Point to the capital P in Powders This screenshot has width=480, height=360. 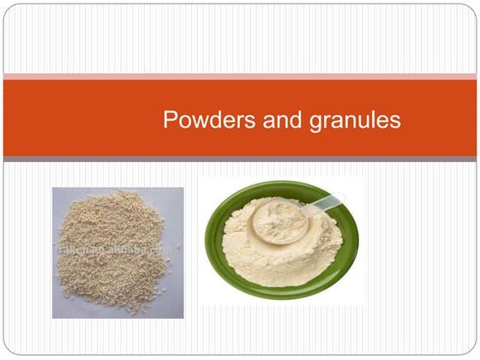click(170, 121)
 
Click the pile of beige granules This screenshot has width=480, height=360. click(111, 257)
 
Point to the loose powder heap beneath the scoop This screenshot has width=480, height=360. click(266, 257)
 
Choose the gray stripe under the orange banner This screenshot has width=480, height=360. click(240, 159)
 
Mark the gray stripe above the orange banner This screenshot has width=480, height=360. click(240, 77)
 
